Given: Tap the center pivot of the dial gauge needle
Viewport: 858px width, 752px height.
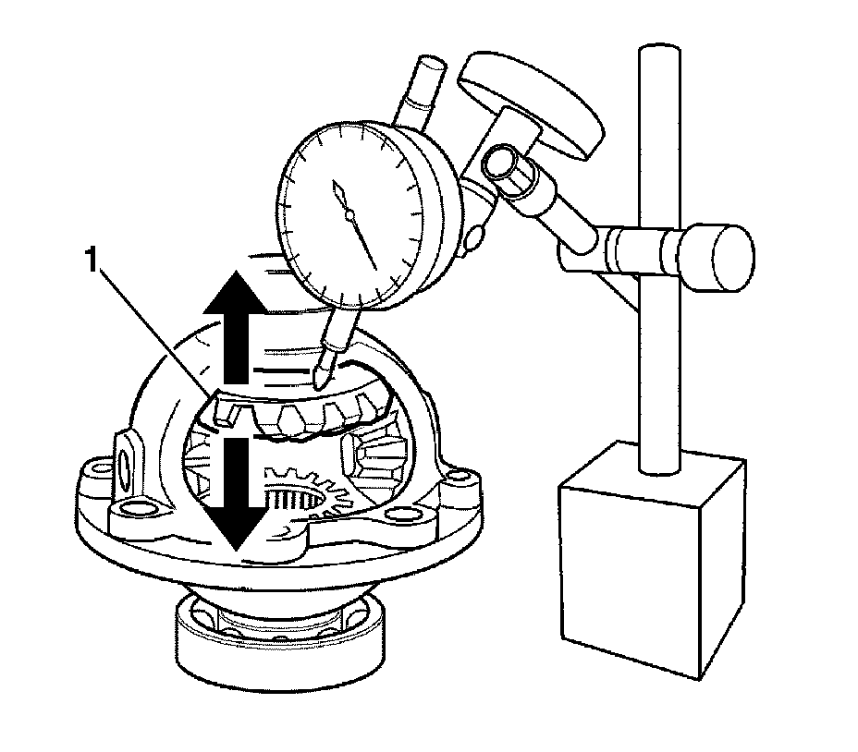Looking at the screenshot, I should pyautogui.click(x=349, y=216).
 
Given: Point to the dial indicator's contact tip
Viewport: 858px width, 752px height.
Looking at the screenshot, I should pyautogui.click(x=320, y=379).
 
